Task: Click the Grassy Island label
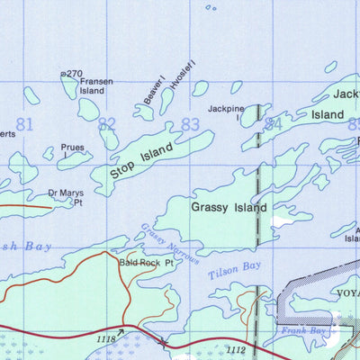pos(229,207)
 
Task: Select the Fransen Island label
pos(96,85)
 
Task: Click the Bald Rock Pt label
pos(143,264)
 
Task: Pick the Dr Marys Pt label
pos(65,196)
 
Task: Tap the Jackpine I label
pos(226,112)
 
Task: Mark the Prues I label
pos(72,149)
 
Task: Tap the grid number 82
pos(107,124)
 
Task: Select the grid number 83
pos(190,124)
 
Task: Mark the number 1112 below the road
pos(236,350)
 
